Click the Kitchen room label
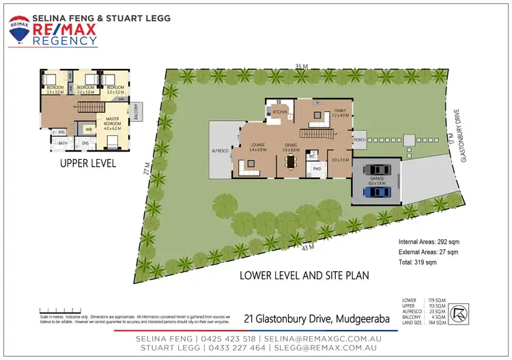(280, 111)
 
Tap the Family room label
(339, 113)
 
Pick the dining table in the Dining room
(291, 162)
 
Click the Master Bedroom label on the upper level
(111, 122)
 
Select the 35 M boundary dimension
(301, 66)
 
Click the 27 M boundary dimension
(147, 168)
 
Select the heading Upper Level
(87, 164)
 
